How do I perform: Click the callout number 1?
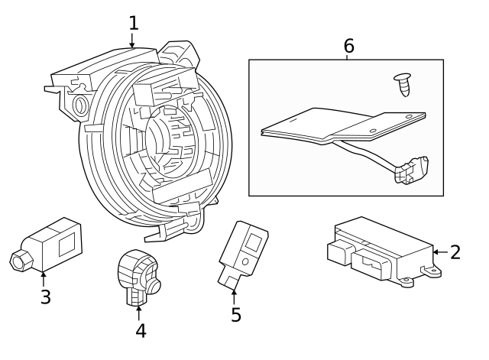[x=133, y=22]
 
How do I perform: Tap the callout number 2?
[x=455, y=251]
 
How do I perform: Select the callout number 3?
[x=45, y=297]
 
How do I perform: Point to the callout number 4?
[x=140, y=330]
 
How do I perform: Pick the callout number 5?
[x=235, y=314]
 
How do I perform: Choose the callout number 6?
[x=348, y=46]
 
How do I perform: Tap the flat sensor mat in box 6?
[x=336, y=124]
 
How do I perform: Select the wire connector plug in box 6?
[x=411, y=171]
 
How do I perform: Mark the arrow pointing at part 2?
[x=438, y=251]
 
